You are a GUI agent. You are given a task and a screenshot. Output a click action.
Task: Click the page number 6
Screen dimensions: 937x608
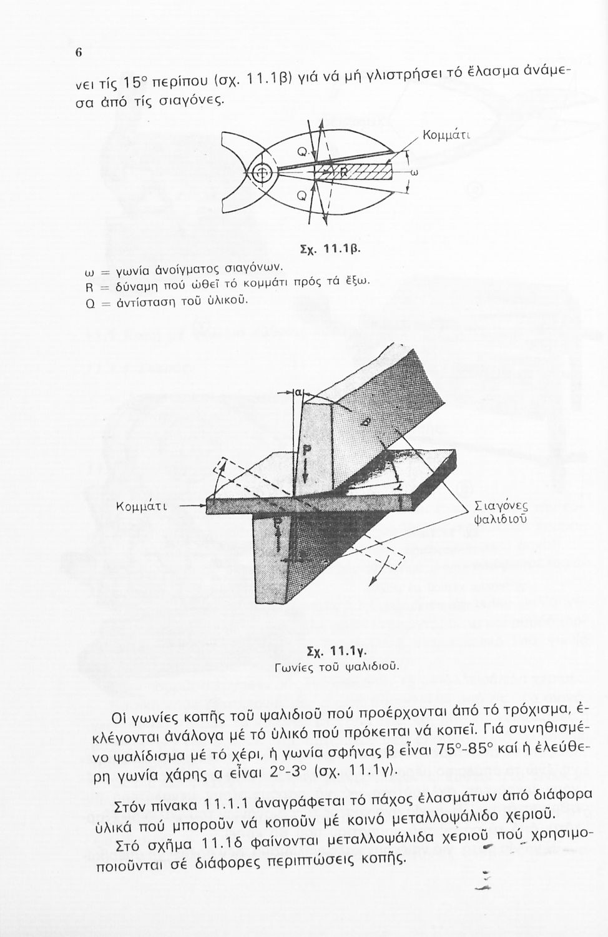click(x=79, y=52)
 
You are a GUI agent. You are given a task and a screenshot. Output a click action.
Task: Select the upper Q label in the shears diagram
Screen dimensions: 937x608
click(x=302, y=151)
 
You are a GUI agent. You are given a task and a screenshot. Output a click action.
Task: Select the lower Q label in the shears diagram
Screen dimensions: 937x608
click(x=302, y=196)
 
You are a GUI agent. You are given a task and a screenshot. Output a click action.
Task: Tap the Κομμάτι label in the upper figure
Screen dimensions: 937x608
click(x=446, y=134)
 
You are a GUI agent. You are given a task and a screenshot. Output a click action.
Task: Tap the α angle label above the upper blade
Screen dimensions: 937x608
click(x=298, y=392)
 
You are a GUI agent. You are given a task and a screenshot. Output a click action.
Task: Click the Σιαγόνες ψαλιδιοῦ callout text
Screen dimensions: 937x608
click(x=501, y=511)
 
